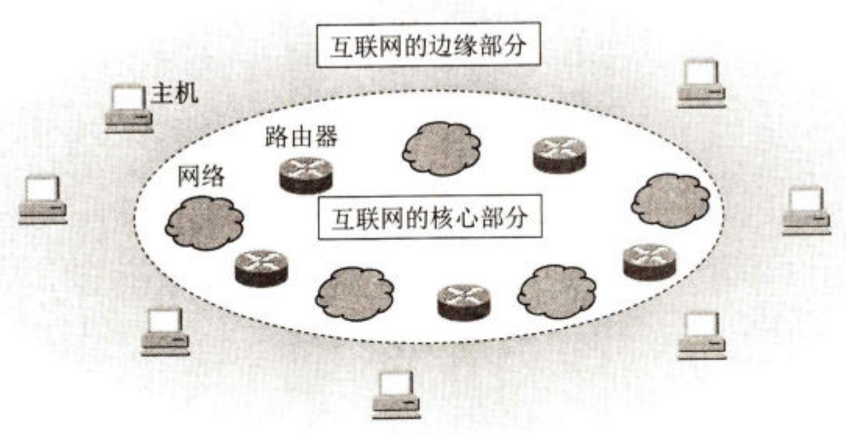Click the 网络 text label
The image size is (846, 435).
click(201, 177)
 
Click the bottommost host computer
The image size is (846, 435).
click(396, 392)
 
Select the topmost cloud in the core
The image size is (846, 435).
click(441, 147)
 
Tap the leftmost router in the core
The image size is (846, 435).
click(261, 267)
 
